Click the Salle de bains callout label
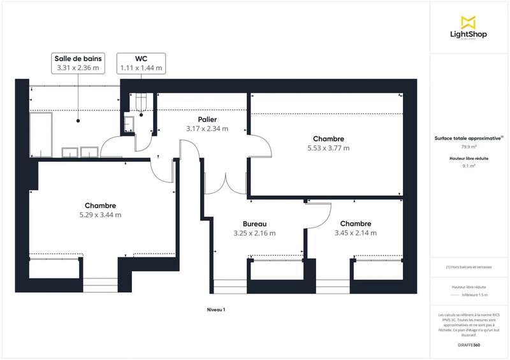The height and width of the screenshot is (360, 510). (78, 62)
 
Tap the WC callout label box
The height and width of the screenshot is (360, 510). (141, 62)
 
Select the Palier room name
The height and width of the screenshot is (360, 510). (207, 119)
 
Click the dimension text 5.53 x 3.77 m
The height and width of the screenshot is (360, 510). (328, 148)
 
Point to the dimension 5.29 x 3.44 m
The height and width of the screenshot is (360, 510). (100, 215)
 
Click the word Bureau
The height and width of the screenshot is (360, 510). (254, 224)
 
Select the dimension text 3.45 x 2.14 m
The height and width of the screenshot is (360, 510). (355, 233)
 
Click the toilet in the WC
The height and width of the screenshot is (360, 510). (141, 101)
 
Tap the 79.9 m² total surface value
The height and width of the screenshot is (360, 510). (469, 146)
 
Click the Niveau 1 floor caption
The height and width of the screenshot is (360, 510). (215, 309)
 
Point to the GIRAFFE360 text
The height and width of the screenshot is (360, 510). (469, 345)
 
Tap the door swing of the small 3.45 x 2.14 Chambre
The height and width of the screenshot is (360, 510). (319, 213)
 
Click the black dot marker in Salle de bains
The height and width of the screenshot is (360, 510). (78, 119)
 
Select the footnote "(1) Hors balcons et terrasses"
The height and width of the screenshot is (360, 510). (469, 267)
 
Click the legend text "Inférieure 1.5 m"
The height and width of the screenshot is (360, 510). (474, 295)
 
